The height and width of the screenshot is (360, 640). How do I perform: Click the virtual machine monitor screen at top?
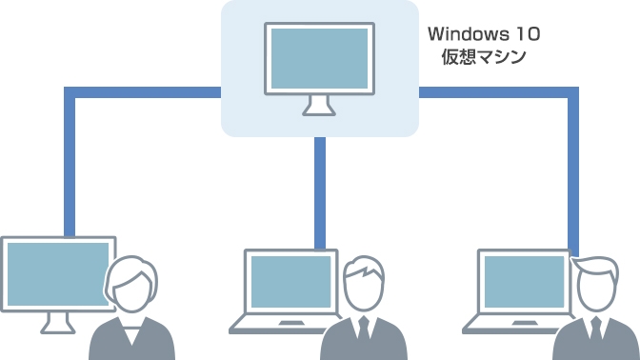click(319, 58)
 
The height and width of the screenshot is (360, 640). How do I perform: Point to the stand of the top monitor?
click(319, 105)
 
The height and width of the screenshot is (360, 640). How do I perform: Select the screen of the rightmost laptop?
click(520, 283)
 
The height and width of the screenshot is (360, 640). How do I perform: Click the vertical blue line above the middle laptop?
click(320, 190)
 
